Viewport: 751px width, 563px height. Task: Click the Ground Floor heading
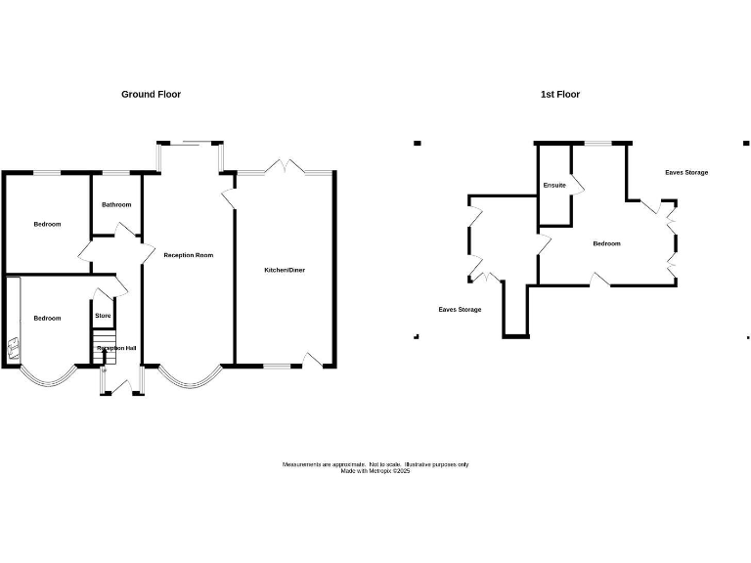[151, 95]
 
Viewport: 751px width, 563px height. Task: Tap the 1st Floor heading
[560, 95]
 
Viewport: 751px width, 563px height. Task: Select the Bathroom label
[116, 205]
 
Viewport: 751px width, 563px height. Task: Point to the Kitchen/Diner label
[285, 270]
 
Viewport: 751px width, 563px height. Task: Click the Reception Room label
[189, 255]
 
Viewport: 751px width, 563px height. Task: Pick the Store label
[103, 316]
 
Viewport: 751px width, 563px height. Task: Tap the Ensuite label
[554, 186]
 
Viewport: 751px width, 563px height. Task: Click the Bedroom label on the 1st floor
[606, 243]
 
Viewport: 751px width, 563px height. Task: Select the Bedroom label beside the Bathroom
[47, 225]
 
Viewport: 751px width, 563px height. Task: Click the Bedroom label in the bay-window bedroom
[47, 319]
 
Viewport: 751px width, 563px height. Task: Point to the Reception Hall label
[115, 348]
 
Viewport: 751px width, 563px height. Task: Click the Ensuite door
[576, 184]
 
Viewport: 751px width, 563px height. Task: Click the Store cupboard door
[102, 294]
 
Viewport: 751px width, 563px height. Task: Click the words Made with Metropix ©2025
[375, 471]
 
